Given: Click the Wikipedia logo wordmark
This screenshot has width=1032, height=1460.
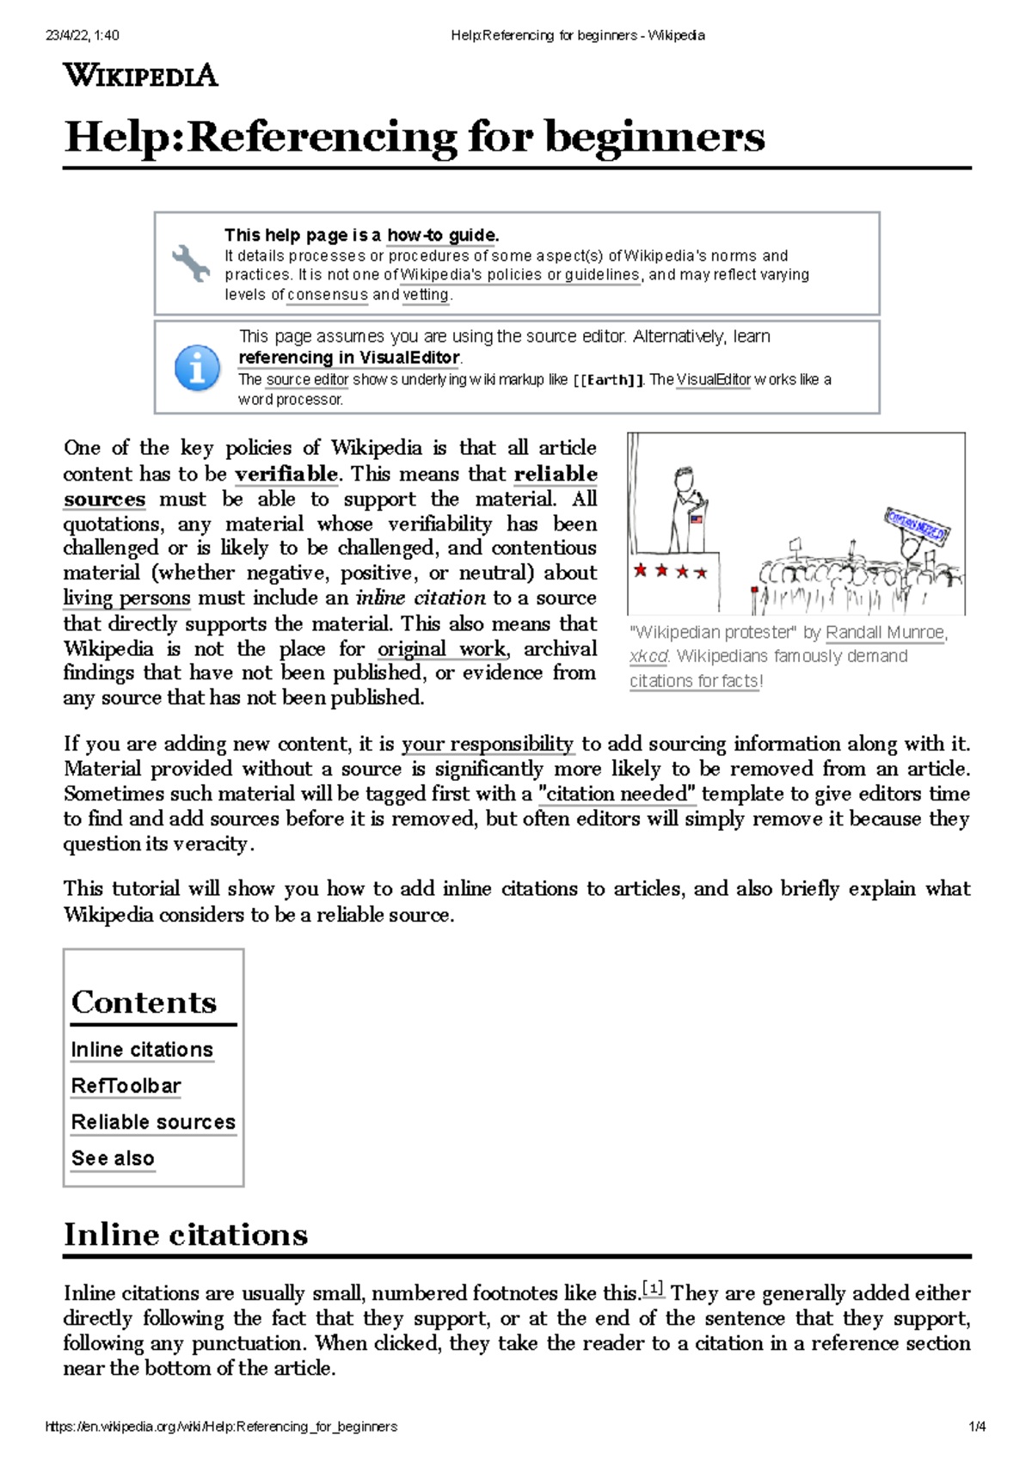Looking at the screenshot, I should click(140, 76).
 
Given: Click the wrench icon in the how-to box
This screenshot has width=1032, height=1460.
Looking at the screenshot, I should click(190, 263).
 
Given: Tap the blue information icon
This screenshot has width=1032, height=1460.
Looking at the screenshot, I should click(197, 368).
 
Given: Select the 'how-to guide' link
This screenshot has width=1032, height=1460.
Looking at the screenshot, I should click(441, 236).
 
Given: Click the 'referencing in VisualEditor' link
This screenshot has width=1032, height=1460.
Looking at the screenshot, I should click(349, 358).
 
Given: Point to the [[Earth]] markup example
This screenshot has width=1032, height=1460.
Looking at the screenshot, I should click(608, 380).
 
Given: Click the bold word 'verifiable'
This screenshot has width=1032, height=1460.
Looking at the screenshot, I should click(286, 474).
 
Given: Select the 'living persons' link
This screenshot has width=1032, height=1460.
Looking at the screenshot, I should click(126, 598).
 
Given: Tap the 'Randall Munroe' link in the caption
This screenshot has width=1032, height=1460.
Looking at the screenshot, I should click(884, 633).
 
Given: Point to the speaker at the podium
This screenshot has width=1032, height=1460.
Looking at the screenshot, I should click(685, 507).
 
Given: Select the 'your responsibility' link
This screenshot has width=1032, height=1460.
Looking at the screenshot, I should click(488, 744).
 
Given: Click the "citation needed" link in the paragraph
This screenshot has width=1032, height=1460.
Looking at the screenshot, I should click(617, 794).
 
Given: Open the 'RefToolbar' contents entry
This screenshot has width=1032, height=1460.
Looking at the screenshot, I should click(126, 1086).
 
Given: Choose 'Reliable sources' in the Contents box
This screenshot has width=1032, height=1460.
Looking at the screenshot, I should click(153, 1122).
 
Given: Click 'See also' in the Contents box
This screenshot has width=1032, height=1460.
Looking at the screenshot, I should click(113, 1158).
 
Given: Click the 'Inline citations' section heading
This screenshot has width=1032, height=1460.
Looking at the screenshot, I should click(186, 1235).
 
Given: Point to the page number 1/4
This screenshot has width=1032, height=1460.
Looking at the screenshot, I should click(977, 1426).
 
